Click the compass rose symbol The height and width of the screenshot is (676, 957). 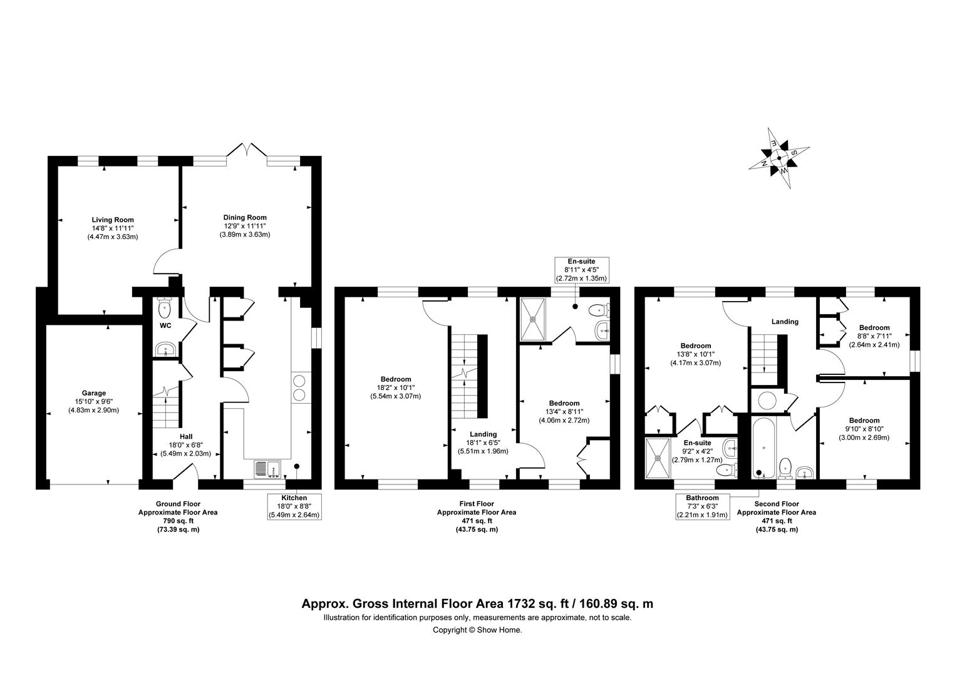click(x=779, y=158)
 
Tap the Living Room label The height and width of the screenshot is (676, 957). click(x=113, y=220)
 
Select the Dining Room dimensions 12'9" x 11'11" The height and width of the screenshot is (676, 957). click(x=245, y=226)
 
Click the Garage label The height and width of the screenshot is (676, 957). click(x=93, y=393)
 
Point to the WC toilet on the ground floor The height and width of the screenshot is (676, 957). click(x=165, y=307)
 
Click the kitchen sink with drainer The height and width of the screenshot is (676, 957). click(x=267, y=468)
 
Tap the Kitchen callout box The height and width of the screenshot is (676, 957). click(x=294, y=506)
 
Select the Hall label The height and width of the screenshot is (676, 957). click(x=186, y=436)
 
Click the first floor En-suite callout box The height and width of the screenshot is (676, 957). click(x=581, y=270)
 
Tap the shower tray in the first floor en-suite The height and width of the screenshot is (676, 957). click(x=533, y=319)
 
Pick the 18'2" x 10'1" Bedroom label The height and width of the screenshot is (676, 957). click(x=396, y=387)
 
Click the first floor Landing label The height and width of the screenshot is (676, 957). click(x=484, y=434)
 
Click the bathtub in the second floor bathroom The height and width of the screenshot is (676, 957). click(x=763, y=448)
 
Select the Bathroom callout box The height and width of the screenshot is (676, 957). click(x=702, y=506)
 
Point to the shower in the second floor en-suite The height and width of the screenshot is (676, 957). click(x=658, y=458)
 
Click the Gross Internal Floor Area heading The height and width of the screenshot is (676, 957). click(x=477, y=603)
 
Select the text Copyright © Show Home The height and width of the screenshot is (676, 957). click(x=477, y=630)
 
